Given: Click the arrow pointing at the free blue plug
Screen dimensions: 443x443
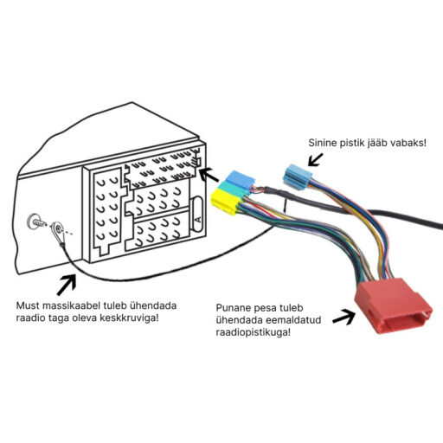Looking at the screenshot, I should click(314, 158).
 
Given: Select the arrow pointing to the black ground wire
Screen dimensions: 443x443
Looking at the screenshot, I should click(67, 282).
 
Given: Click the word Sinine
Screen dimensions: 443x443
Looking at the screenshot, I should click(324, 141).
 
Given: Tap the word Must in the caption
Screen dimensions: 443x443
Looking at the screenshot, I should click(30, 305).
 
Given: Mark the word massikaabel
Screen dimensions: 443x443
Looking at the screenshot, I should click(78, 305).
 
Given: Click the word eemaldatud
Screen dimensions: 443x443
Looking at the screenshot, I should click(300, 320).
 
